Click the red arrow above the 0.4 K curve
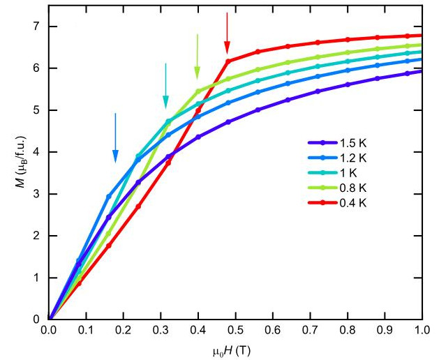pyautogui.click(x=227, y=33)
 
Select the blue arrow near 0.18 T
pyautogui.click(x=115, y=137)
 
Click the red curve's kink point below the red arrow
pyautogui.click(x=228, y=61)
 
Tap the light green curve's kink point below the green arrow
pyautogui.click(x=198, y=91)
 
